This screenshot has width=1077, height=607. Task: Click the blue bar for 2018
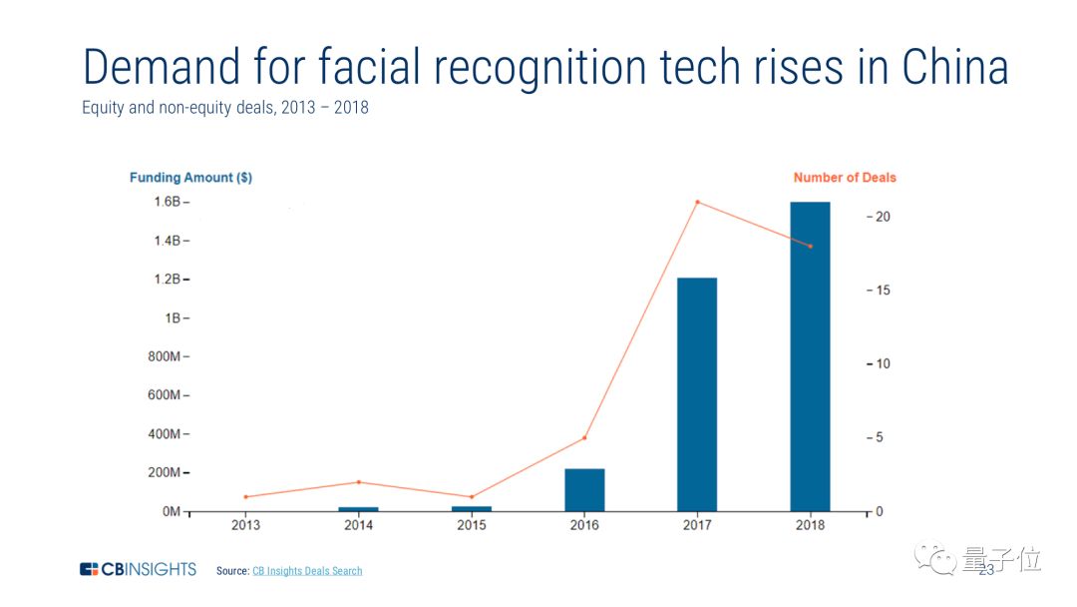pyautogui.click(x=810, y=356)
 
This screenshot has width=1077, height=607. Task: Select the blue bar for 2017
pyautogui.click(x=696, y=394)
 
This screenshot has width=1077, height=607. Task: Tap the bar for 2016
pyautogui.click(x=584, y=489)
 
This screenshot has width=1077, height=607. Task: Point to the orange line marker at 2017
pyautogui.click(x=697, y=203)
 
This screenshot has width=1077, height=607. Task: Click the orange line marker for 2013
pyautogui.click(x=245, y=496)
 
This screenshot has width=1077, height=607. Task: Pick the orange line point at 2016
pyautogui.click(x=584, y=438)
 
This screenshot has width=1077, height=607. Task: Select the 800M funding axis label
pyautogui.click(x=166, y=357)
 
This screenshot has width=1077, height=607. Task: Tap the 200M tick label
pyautogui.click(x=166, y=473)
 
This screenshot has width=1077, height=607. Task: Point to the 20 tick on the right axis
pyautogui.click(x=883, y=218)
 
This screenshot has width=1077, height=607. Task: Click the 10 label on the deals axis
pyautogui.click(x=883, y=364)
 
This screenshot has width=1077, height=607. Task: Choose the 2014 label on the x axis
pyautogui.click(x=358, y=525)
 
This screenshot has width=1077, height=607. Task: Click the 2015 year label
pyautogui.click(x=472, y=525)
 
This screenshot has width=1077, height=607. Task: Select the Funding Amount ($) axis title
pyautogui.click(x=190, y=178)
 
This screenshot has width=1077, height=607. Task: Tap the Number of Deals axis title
pyautogui.click(x=845, y=178)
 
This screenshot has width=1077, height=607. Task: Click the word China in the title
pyautogui.click(x=954, y=68)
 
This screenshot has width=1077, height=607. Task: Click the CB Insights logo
pyautogui.click(x=138, y=570)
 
